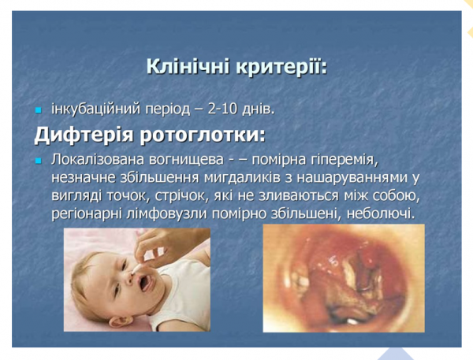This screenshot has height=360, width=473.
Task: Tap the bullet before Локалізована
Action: [39, 161]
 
